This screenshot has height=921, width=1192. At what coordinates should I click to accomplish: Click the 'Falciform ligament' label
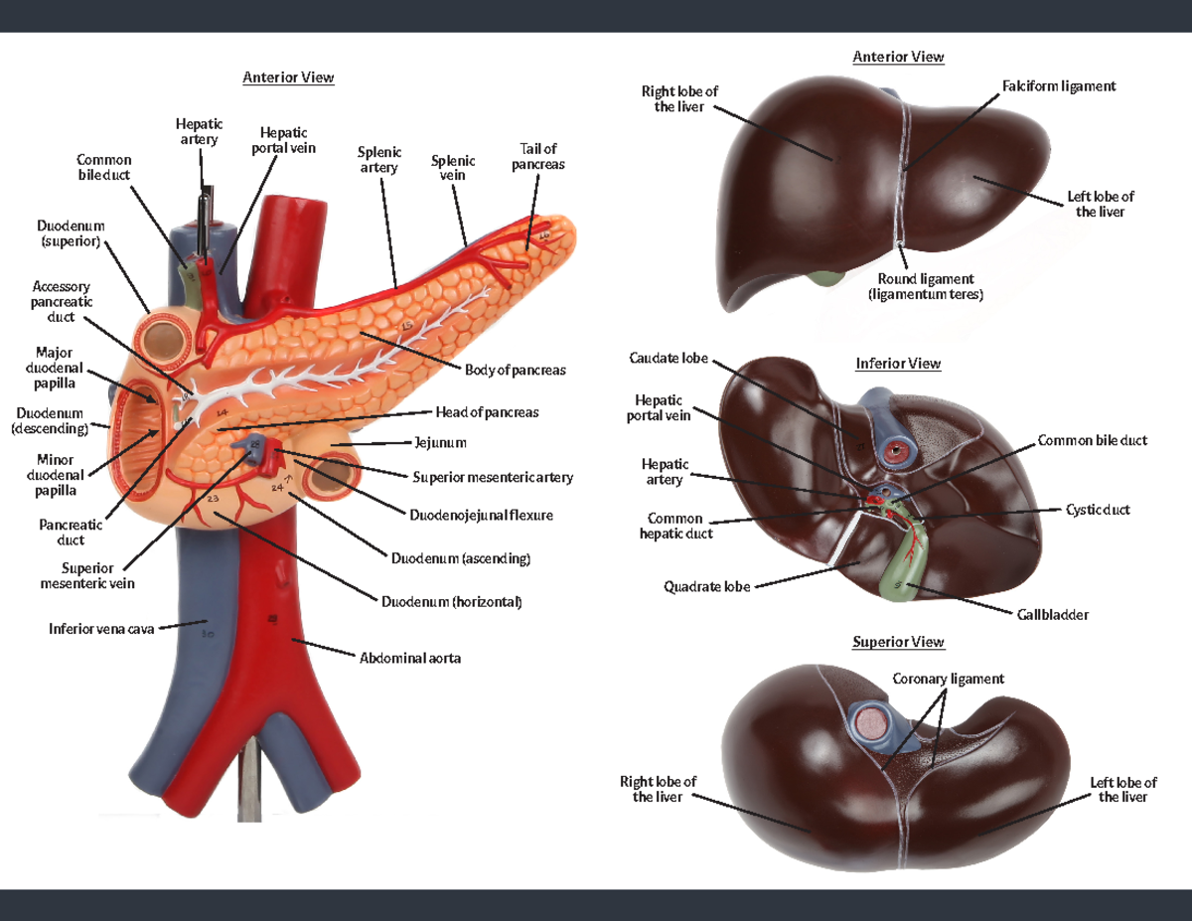pyautogui.click(x=1059, y=86)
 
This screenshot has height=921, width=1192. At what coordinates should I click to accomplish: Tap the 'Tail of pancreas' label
pyautogui.click(x=537, y=157)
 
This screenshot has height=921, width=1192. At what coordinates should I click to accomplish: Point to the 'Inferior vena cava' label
pyautogui.click(x=101, y=629)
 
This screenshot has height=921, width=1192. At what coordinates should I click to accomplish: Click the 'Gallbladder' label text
pyautogui.click(x=1052, y=615)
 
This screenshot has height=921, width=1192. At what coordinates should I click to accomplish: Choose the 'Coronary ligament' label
pyautogui.click(x=948, y=679)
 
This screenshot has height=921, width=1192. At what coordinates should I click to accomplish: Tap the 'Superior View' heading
pyautogui.click(x=898, y=642)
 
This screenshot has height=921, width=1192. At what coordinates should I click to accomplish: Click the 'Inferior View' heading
pyautogui.click(x=898, y=364)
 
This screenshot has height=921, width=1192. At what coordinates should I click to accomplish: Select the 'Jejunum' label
pyautogui.click(x=440, y=442)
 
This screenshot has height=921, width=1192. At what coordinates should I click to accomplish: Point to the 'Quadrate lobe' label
pyautogui.click(x=707, y=586)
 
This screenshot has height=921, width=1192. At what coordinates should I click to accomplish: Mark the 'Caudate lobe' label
pyautogui.click(x=669, y=358)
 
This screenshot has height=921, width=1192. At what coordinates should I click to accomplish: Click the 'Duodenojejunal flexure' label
pyautogui.click(x=481, y=515)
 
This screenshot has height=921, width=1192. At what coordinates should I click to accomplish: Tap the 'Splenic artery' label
pyautogui.click(x=379, y=160)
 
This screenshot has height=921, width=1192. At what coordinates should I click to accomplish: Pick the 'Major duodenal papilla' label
pyautogui.click(x=54, y=369)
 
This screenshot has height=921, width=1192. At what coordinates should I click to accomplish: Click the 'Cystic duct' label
pyautogui.click(x=1098, y=510)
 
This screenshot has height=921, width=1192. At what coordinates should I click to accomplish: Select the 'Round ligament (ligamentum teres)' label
pyautogui.click(x=925, y=287)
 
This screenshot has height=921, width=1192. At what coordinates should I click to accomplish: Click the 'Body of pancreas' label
pyautogui.click(x=515, y=370)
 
